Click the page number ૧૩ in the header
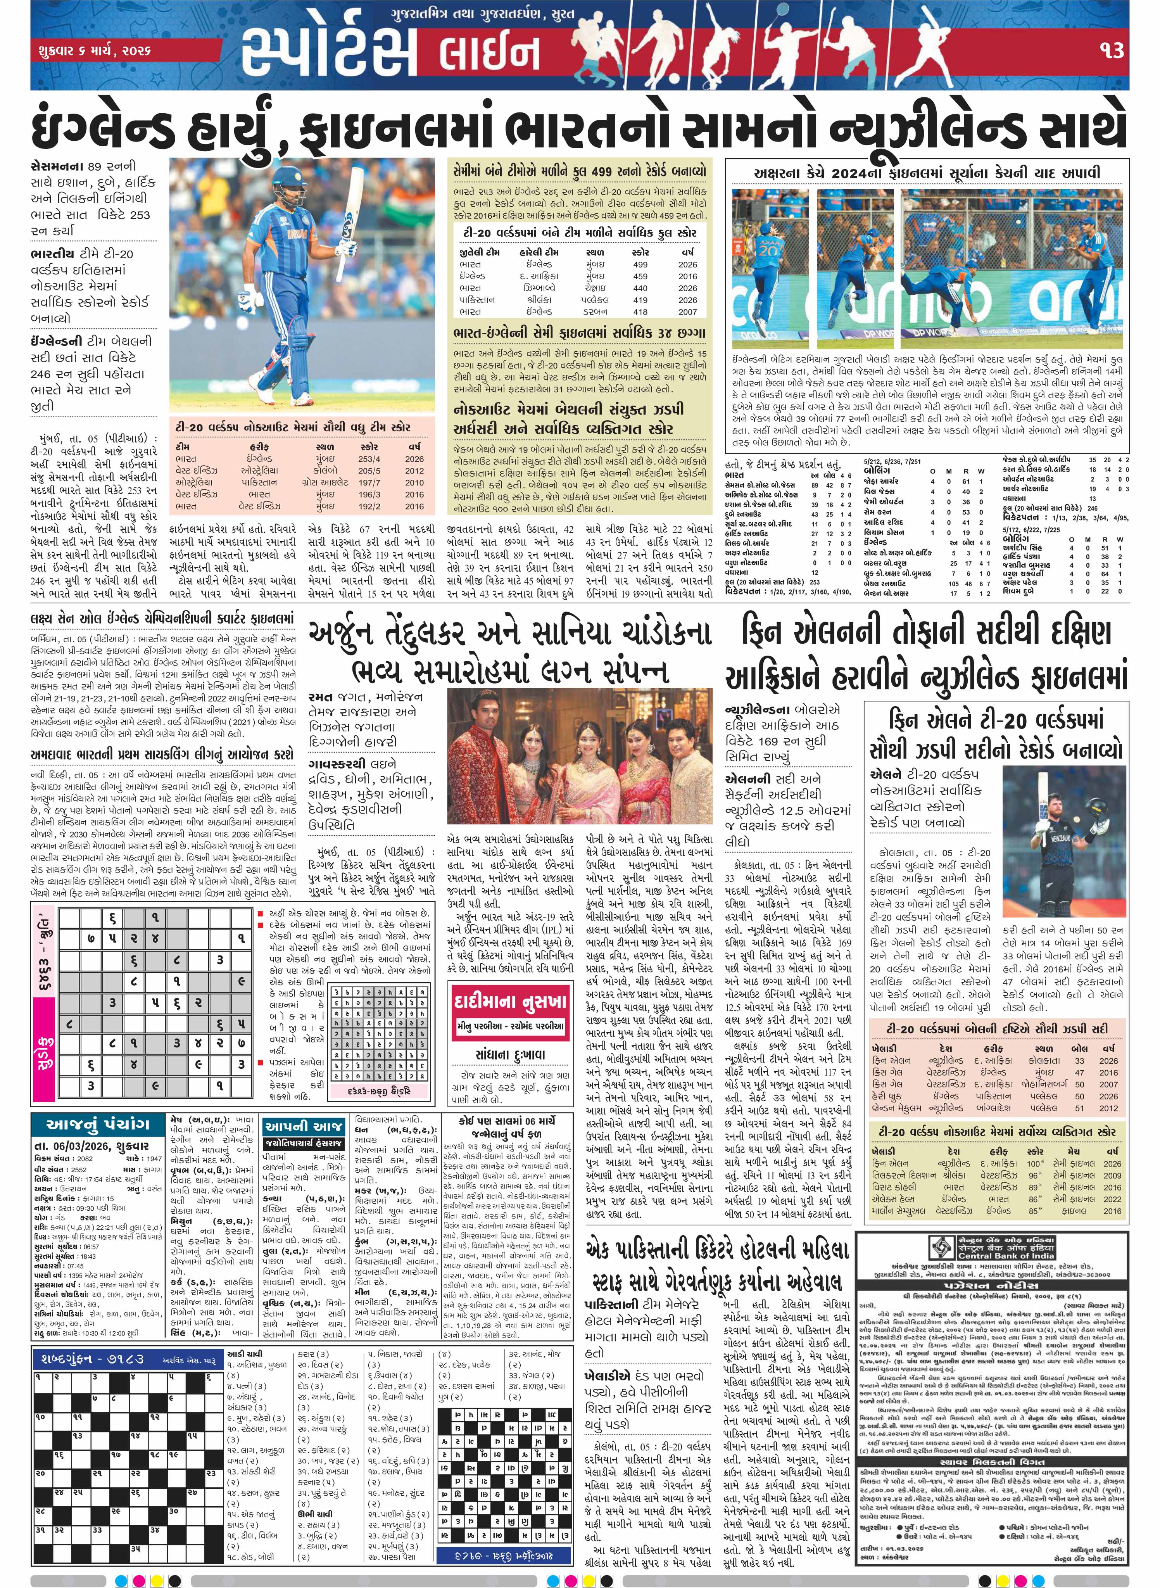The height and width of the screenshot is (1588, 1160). [1112, 50]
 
